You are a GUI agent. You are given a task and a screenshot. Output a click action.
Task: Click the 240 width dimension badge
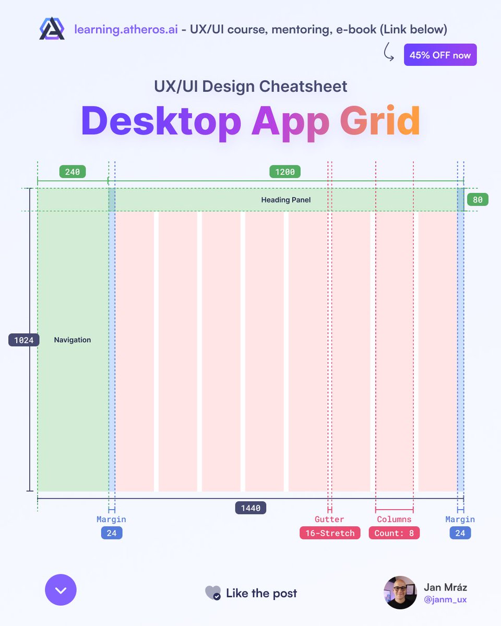pyautogui.click(x=73, y=172)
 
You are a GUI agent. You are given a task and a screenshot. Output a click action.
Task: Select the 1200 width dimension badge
pyautogui.click(x=285, y=172)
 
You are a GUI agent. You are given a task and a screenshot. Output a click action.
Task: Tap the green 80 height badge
pyautogui.click(x=478, y=199)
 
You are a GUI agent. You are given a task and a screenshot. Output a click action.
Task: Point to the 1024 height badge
pyautogui.click(x=24, y=340)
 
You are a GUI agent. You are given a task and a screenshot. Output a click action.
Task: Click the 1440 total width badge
pyautogui.click(x=250, y=508)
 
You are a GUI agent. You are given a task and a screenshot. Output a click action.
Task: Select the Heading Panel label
pyautogui.click(x=286, y=200)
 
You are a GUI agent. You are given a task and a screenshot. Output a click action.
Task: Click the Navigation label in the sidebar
pyautogui.click(x=73, y=340)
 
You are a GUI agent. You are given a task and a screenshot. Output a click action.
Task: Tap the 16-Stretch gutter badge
pyautogui.click(x=330, y=533)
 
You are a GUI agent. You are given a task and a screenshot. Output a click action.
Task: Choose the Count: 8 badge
pyautogui.click(x=394, y=533)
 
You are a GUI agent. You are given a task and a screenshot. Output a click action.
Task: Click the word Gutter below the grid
pyautogui.click(x=329, y=520)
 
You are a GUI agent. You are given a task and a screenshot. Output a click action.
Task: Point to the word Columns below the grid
pyautogui.click(x=394, y=520)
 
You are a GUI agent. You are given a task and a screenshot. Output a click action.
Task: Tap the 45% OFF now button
pyautogui.click(x=440, y=55)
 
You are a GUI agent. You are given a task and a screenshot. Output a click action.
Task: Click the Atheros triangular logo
pyautogui.click(x=52, y=29)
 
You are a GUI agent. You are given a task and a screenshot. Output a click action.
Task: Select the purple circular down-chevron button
pyautogui.click(x=61, y=590)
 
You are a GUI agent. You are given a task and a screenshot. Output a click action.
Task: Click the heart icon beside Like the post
pyautogui.click(x=213, y=593)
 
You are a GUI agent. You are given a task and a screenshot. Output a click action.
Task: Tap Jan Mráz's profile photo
pyautogui.click(x=400, y=593)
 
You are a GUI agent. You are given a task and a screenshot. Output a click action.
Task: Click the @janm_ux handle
pyautogui.click(x=445, y=599)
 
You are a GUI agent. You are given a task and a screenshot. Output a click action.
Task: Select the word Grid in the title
pyautogui.click(x=380, y=121)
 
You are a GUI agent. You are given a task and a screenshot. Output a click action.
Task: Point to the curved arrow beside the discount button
pyautogui.click(x=389, y=53)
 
